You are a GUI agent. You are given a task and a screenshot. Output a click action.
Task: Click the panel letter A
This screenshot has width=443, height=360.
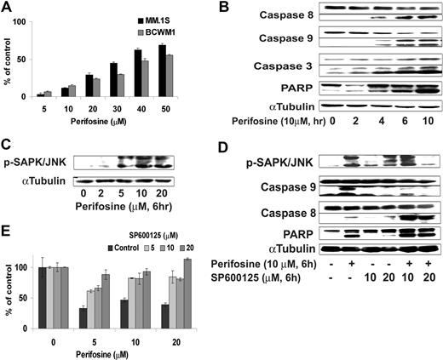tap(7, 8)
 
